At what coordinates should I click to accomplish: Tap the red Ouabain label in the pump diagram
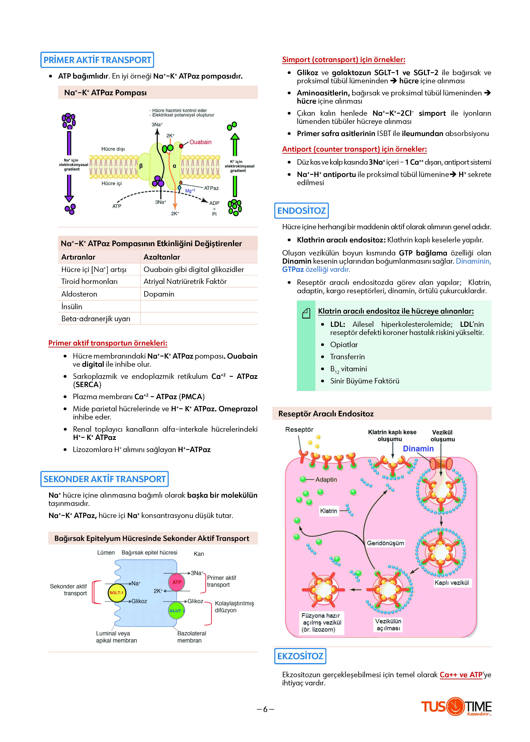[x=200, y=142]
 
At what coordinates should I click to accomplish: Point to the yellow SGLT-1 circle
[x=116, y=592]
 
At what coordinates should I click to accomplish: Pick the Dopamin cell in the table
[x=159, y=294]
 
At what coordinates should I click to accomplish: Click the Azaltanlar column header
[x=162, y=257]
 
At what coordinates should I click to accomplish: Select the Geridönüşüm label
[x=385, y=543]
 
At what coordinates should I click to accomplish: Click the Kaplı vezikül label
[x=452, y=583]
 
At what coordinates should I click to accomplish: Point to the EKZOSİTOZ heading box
[x=300, y=656]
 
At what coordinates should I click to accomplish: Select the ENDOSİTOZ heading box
[x=301, y=211]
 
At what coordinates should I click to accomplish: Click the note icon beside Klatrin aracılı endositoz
[x=306, y=313]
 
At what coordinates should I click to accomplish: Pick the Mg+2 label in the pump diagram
[x=190, y=191]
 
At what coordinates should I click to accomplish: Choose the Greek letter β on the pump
[x=141, y=166]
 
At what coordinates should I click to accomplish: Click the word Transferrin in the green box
[x=347, y=356]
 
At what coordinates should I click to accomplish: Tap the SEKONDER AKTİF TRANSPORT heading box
[x=104, y=479]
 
